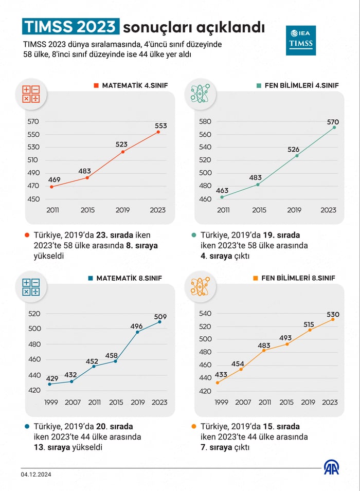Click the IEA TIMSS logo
301,40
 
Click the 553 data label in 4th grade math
160,125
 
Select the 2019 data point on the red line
123,152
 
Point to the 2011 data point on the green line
222,197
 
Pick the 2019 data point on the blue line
137,332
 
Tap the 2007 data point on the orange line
241,369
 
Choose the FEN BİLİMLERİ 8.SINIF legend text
298,278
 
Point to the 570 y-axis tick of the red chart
33,122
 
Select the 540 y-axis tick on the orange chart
205,314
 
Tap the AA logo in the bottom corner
331,467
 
